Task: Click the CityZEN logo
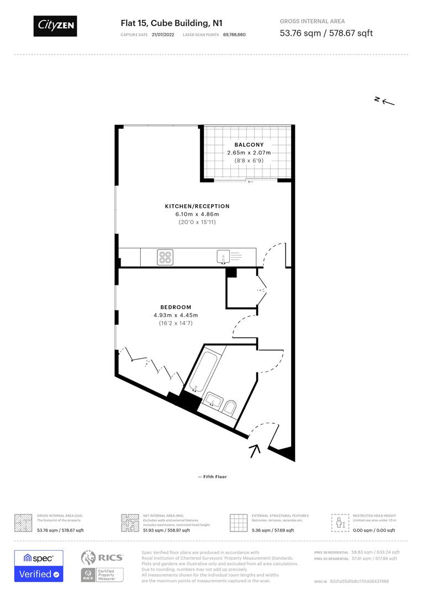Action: click(x=55, y=25)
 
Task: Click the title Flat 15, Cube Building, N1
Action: click(x=171, y=23)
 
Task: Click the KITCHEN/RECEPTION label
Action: click(x=197, y=206)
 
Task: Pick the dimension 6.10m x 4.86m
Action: click(x=197, y=214)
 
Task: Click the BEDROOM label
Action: click(x=176, y=307)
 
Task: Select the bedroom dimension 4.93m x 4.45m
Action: click(x=176, y=315)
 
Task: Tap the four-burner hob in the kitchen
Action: click(x=165, y=257)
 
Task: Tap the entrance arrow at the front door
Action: click(x=255, y=451)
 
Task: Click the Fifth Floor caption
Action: click(x=212, y=477)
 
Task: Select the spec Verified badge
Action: click(x=39, y=566)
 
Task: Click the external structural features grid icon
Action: click(x=238, y=522)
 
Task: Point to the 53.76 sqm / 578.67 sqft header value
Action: click(x=326, y=33)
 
